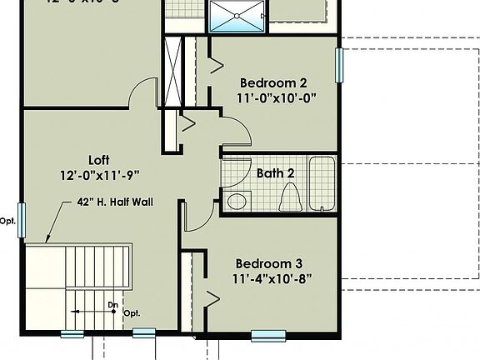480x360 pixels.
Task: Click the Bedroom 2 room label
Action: point(273,82)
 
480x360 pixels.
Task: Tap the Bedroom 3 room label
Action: point(273,262)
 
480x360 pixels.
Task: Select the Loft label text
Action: point(99,160)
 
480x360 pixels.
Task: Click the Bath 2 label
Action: point(275,173)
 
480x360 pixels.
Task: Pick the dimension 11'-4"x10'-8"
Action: point(274,277)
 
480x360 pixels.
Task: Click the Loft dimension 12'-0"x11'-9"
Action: point(99,175)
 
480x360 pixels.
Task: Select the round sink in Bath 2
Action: point(237,201)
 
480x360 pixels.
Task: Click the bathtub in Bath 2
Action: point(322,183)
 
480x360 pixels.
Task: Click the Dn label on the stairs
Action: point(112,304)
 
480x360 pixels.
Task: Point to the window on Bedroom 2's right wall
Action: point(339,65)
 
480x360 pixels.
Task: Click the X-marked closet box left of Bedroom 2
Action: point(172,71)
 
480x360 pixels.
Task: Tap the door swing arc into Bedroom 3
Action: point(198,218)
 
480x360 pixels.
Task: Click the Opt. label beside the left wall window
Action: point(7,221)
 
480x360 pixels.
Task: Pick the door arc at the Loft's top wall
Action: point(143,92)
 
